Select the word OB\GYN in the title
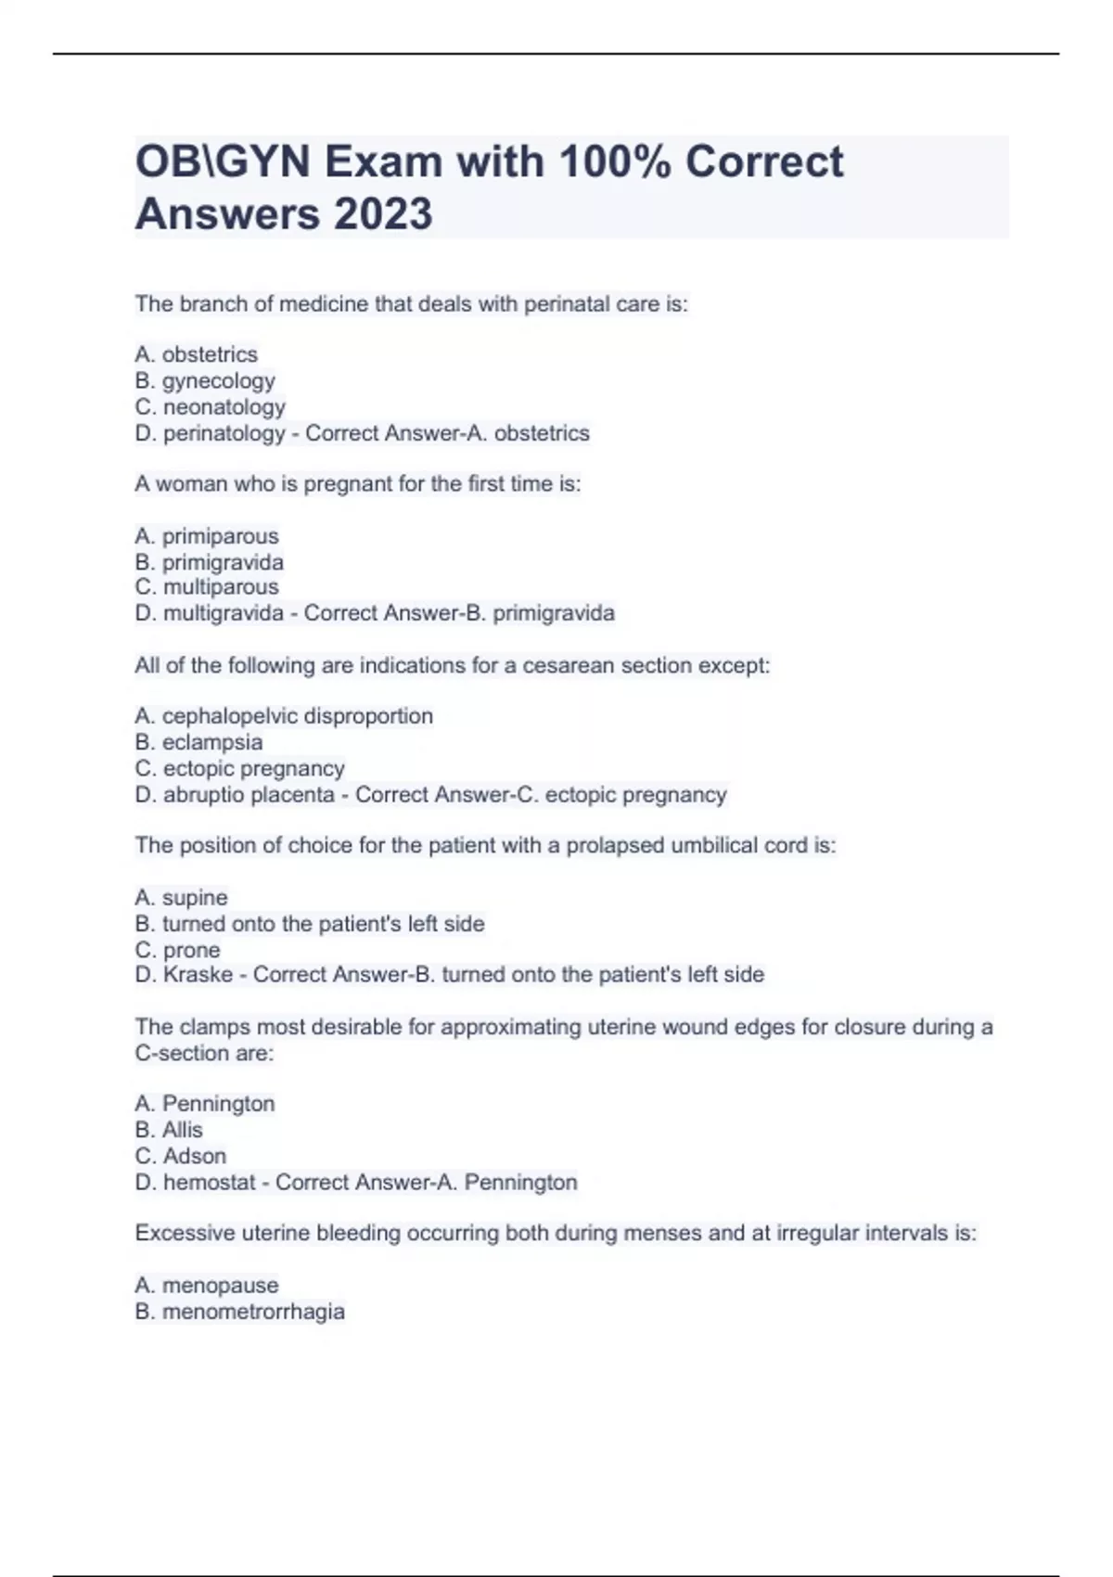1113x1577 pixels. [x=223, y=161]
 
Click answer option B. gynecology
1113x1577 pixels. [x=205, y=380]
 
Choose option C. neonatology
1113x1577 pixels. [x=211, y=406]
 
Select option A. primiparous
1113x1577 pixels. [x=207, y=536]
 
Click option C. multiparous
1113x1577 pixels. [x=207, y=587]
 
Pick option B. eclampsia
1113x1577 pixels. [x=198, y=742]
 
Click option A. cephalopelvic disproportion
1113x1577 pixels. [x=284, y=716]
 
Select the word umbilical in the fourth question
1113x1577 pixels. [x=714, y=845]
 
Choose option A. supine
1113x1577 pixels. [x=181, y=897]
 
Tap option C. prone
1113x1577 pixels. [x=178, y=950]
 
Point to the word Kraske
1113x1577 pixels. [x=198, y=975]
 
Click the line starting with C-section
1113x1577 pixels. [x=204, y=1053]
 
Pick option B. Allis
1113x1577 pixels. [x=169, y=1130]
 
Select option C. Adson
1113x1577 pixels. [x=181, y=1156]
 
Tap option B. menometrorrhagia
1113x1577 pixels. [x=240, y=1312]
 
